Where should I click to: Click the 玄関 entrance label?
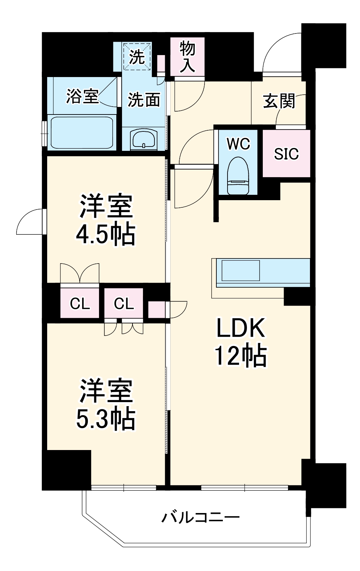[279, 101]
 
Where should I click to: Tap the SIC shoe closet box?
[286, 154]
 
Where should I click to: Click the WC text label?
[238, 144]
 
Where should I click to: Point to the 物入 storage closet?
[187, 57]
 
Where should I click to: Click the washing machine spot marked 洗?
[137, 57]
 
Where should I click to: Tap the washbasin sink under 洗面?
[144, 139]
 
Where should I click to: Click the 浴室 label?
[82, 96]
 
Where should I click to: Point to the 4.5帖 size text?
[105, 234]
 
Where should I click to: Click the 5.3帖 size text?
[105, 419]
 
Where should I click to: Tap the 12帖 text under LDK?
[240, 356]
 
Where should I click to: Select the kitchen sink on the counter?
[241, 270]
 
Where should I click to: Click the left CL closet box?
[80, 304]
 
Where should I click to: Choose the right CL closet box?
[124, 304]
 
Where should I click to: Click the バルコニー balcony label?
[200, 518]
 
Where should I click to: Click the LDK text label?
[240, 327]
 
